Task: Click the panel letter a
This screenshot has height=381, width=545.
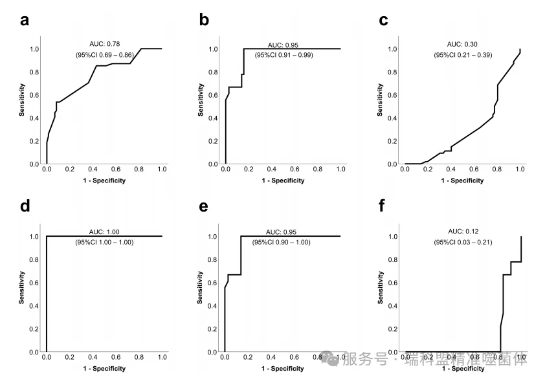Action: click(25, 20)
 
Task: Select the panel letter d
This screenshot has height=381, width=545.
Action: click(25, 207)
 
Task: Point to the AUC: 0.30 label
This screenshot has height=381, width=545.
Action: click(463, 44)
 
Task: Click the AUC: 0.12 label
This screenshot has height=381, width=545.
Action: click(463, 231)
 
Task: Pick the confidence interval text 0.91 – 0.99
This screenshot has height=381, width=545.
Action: click(284, 56)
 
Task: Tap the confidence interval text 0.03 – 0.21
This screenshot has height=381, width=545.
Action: click(463, 243)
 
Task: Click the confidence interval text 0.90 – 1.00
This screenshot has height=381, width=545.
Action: click(284, 243)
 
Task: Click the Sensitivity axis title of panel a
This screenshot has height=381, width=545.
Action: click(21, 100)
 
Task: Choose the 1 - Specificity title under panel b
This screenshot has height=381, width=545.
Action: click(283, 180)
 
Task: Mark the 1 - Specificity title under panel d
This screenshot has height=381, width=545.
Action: click(104, 369)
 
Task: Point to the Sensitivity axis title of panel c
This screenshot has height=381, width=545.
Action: click(380, 100)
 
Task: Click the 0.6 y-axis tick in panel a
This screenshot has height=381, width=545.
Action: click(34, 95)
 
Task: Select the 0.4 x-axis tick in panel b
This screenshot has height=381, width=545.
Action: click(272, 169)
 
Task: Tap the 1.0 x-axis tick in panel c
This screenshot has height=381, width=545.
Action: click(520, 169)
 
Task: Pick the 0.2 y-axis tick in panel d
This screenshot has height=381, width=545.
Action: click(34, 329)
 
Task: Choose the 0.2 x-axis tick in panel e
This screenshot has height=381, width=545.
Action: click(249, 357)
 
